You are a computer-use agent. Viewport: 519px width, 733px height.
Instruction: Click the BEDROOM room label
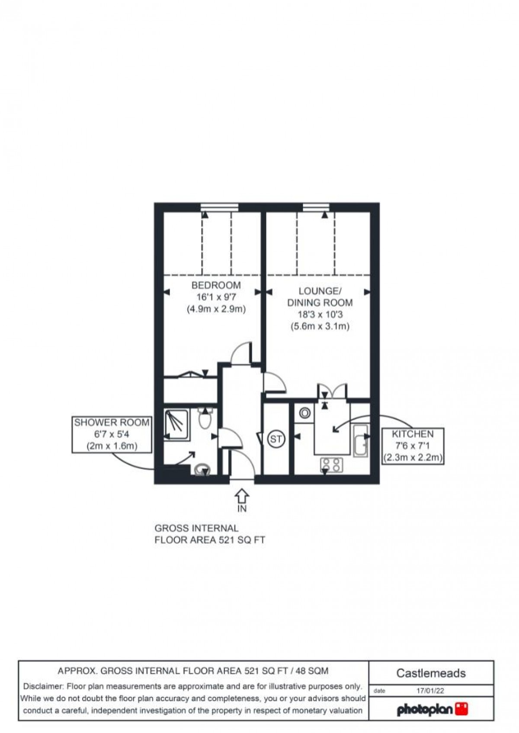point(216,285)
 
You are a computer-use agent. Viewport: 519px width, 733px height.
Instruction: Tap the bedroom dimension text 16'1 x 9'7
point(216,297)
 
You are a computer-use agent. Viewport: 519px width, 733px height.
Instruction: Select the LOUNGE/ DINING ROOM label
point(320,296)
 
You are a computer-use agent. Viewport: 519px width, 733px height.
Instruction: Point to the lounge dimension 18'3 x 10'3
point(320,314)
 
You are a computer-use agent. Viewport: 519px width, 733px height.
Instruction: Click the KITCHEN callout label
point(413,434)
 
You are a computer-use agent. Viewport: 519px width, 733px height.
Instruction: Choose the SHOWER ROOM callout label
point(112,422)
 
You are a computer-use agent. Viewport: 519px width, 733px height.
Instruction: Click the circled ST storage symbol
point(276,440)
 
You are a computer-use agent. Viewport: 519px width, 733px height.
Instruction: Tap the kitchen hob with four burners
point(332,465)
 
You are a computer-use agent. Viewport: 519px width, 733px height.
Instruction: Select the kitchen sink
point(360,441)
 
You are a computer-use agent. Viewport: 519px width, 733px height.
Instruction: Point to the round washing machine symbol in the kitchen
point(305,413)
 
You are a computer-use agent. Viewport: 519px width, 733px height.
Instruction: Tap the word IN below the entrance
point(242,509)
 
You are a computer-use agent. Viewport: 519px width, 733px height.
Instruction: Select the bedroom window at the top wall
point(220,207)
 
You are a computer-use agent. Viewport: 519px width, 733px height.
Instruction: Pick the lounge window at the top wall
point(316,207)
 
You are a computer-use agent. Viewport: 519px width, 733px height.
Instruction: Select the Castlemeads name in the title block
point(431,673)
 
